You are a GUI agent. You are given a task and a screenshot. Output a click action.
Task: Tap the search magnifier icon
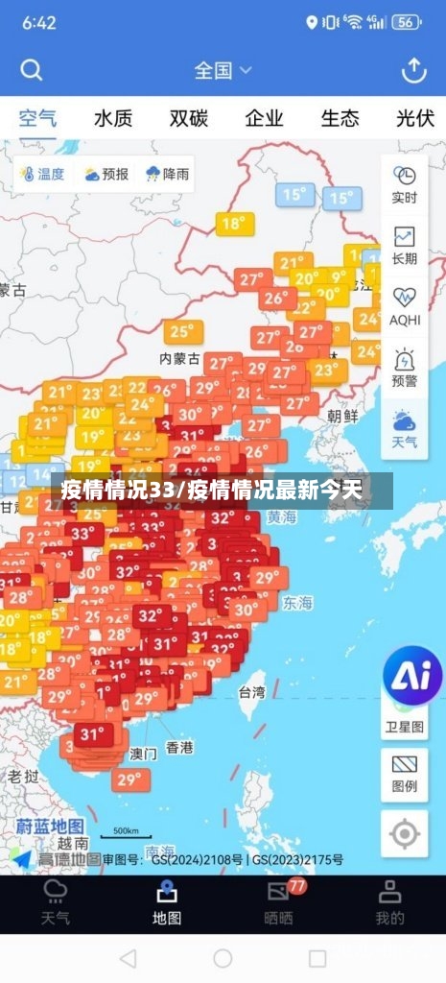click(32, 70)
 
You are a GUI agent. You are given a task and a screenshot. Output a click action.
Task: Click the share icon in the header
click(413, 70)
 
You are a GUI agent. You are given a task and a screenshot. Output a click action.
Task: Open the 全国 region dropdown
click(223, 70)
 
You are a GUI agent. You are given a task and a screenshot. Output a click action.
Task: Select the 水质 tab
click(113, 118)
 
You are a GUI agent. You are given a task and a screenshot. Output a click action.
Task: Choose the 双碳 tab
click(189, 118)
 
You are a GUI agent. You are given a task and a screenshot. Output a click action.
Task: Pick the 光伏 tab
click(415, 118)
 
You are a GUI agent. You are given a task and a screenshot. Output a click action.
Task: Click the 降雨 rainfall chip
click(167, 174)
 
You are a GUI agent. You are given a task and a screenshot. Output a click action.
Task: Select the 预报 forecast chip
click(106, 174)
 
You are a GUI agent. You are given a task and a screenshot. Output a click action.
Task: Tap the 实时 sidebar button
click(405, 184)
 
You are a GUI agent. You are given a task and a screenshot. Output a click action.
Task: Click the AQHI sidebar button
click(405, 306)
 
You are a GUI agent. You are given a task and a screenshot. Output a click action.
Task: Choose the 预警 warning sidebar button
click(405, 368)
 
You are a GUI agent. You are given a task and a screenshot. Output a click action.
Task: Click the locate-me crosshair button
click(405, 834)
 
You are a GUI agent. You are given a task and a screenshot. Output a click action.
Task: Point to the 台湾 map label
click(251, 691)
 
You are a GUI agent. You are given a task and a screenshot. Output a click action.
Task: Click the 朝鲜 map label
click(342, 416)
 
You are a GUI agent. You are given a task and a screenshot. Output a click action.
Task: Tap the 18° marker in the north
click(233, 224)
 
